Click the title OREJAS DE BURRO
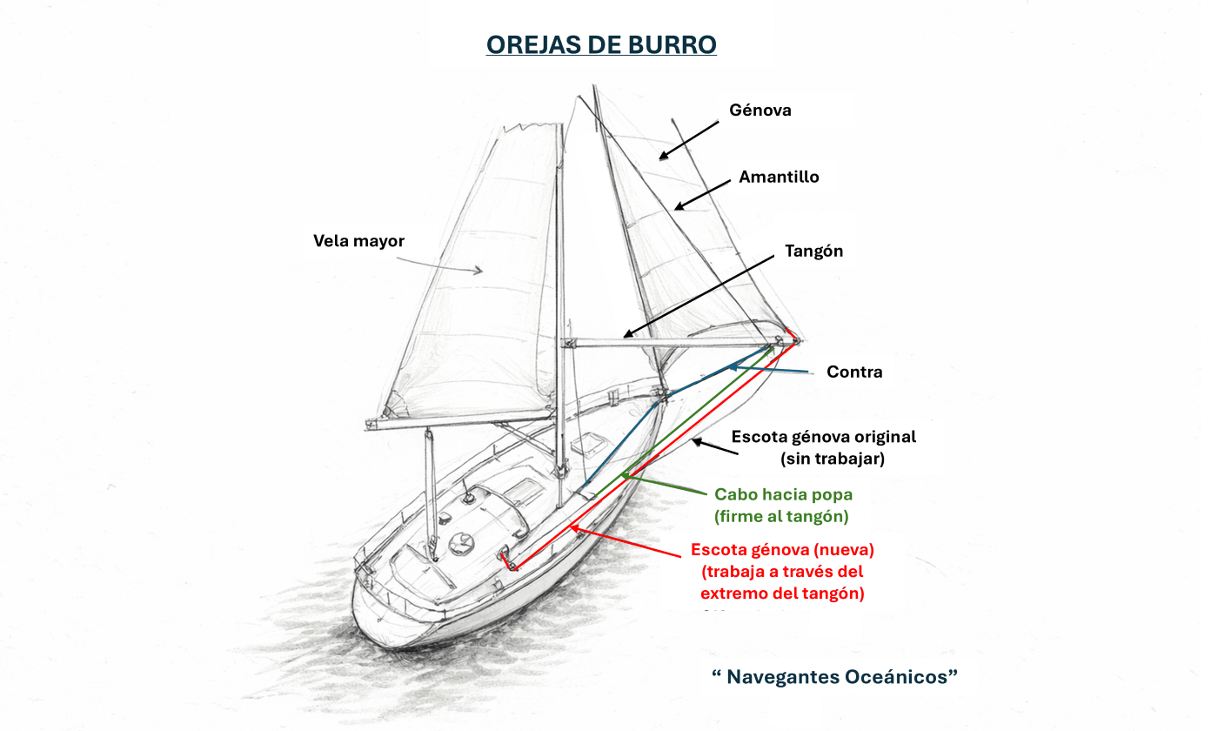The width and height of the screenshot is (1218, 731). coord(601,45)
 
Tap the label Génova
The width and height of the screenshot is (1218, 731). coord(760,111)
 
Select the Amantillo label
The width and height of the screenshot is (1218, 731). coord(779,177)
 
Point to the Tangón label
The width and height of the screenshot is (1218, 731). coord(813,251)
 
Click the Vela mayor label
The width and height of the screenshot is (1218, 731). coord(358,240)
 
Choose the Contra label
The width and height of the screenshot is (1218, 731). coord(854,372)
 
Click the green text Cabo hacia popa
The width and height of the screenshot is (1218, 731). coord(783,494)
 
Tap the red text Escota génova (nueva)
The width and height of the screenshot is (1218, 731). coord(782,550)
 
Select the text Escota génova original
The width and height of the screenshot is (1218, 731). coord(824,437)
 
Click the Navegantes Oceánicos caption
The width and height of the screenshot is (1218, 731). coord(834,676)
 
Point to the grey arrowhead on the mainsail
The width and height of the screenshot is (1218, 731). coord(477,271)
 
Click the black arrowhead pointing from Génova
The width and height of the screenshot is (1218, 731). coord(663,156)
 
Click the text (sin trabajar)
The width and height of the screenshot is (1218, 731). coord(832,458)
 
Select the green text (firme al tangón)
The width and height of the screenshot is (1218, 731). coord(781,516)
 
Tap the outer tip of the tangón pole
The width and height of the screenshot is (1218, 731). coord(797,341)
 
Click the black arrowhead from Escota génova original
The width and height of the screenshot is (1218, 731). coord(694,442)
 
